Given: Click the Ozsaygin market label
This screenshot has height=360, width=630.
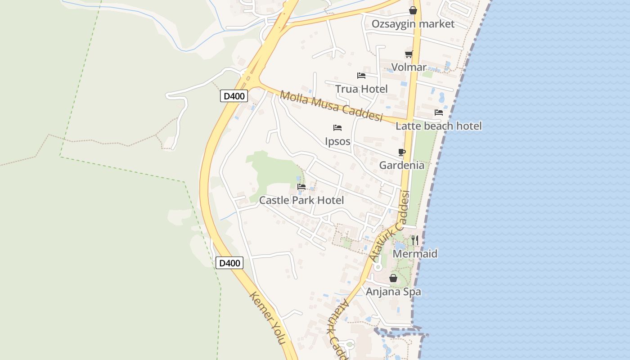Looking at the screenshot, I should [413, 24].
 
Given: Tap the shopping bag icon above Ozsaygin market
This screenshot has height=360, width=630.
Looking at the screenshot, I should [413, 10].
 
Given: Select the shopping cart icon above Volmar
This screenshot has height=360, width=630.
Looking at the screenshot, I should [409, 54].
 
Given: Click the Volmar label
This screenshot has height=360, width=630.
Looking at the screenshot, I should [409, 67].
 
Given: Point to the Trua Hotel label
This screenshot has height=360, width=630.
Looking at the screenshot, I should [361, 89].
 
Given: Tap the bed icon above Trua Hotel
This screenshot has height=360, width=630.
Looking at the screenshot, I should [361, 76].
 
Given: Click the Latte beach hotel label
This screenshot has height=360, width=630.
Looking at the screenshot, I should [438, 126].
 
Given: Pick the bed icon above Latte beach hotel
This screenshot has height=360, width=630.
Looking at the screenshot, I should [439, 112].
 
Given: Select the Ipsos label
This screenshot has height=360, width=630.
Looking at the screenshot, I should [337, 141].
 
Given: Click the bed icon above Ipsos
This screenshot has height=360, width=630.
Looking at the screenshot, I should [337, 128].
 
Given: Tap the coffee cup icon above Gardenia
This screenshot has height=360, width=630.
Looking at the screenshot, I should [402, 153].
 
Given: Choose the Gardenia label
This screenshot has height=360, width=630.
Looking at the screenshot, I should [401, 165].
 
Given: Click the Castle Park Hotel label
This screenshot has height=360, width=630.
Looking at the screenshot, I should [301, 200].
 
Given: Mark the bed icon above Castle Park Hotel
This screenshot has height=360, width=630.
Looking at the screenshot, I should [301, 186].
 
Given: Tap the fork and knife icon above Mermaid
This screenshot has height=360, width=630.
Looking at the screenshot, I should [414, 240].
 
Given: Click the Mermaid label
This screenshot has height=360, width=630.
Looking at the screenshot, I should [415, 254].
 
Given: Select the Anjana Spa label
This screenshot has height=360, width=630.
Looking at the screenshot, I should [393, 292].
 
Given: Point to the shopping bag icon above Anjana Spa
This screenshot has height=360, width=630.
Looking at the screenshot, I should [393, 278].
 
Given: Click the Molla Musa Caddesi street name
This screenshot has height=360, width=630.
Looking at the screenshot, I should [331, 106].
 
